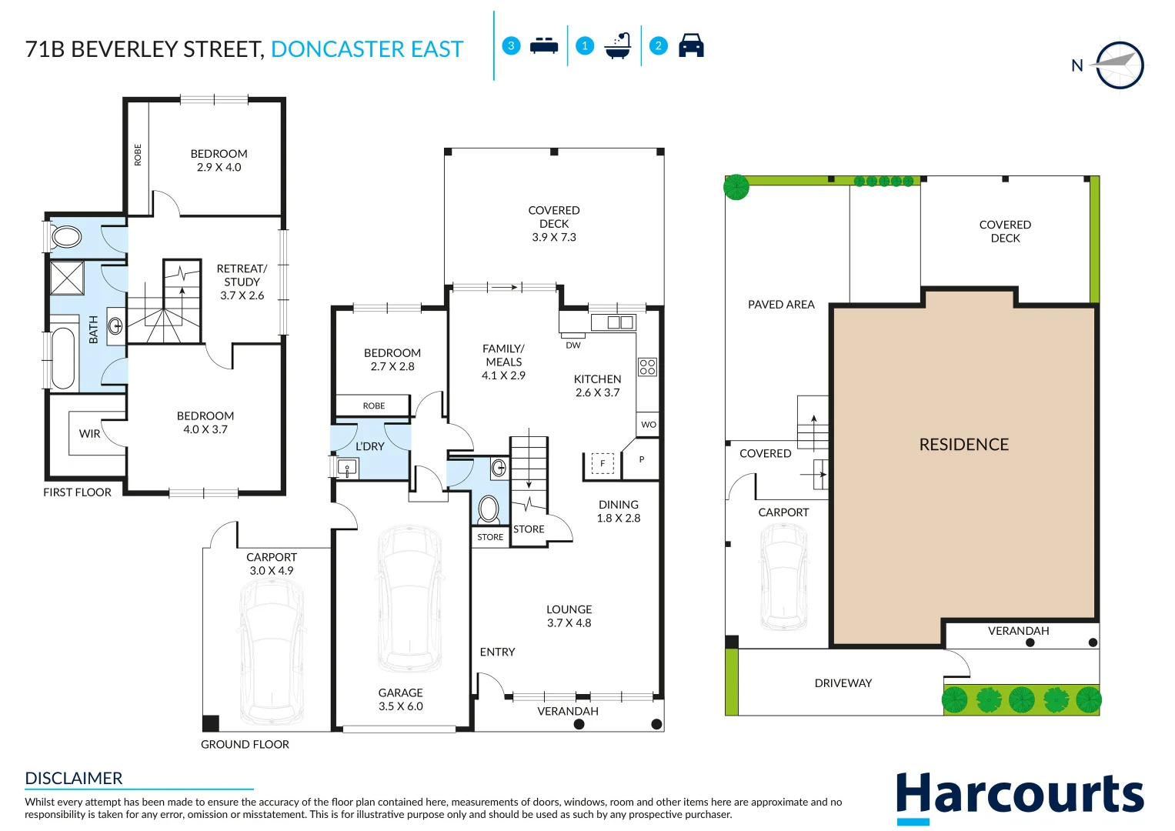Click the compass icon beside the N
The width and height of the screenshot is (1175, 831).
point(1120,65)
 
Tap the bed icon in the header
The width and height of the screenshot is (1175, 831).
point(544,45)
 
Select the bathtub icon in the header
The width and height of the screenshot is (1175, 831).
point(617,46)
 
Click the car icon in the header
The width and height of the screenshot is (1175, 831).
point(691,45)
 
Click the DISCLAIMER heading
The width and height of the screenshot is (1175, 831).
point(73,778)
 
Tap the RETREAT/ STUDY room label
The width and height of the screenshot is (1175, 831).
point(242,282)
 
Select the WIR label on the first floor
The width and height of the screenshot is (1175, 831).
point(89,434)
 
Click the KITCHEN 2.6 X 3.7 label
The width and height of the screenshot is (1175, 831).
point(597,385)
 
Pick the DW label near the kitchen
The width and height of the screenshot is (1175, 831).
point(572,345)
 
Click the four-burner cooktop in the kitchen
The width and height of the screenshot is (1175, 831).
point(647,367)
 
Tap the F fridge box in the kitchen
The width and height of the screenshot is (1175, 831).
point(603,463)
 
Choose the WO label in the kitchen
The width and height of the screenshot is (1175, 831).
point(649,425)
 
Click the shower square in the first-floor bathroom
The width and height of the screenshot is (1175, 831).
point(67,278)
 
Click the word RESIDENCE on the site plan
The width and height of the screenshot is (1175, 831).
point(963,445)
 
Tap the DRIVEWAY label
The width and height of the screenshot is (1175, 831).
point(843,683)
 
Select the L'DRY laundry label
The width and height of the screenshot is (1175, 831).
point(370,446)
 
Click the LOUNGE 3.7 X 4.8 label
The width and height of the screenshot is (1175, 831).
point(569,616)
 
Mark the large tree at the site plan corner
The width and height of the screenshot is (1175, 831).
point(736,187)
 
